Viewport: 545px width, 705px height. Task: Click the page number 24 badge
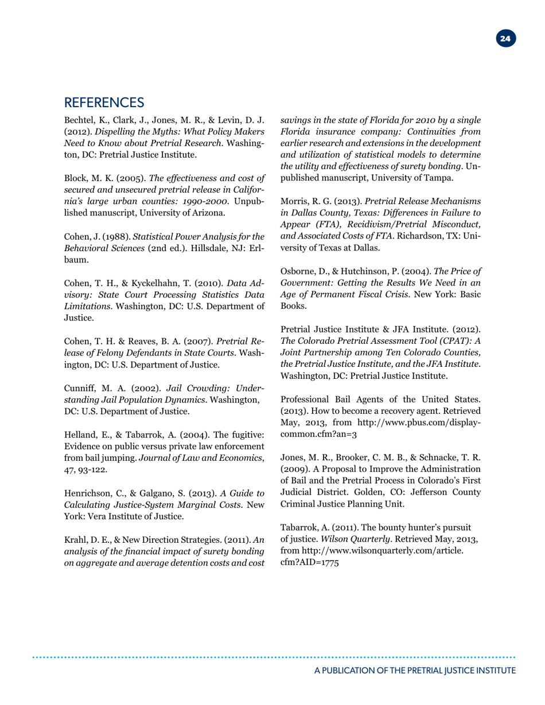point(505,39)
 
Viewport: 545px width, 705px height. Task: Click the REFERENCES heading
point(104,103)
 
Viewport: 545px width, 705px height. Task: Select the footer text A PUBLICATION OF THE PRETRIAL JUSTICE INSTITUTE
point(415,670)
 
